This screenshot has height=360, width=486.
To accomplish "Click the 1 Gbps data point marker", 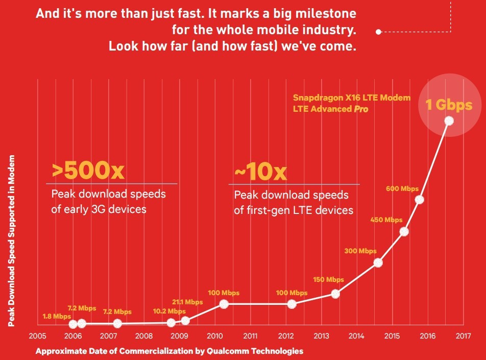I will click(449, 121).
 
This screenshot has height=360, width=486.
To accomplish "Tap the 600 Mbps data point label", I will click(402, 188).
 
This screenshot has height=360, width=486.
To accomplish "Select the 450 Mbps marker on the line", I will click(404, 231).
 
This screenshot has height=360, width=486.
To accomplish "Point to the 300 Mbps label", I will click(360, 251).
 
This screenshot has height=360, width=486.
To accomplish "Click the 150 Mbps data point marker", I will click(335, 294).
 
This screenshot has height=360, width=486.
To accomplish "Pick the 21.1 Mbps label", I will click(187, 302).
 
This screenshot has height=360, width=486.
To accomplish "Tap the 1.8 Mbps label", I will click(57, 316).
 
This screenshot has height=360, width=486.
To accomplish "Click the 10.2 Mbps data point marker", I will click(171, 323).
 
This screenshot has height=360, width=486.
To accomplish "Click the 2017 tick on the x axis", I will click(463, 337).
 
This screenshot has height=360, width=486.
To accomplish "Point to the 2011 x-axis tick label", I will click(250, 337).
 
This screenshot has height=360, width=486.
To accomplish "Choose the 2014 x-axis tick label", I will click(356, 337).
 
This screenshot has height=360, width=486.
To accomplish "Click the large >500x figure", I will click(88, 171).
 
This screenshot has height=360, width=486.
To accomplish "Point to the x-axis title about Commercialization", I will click(169, 351).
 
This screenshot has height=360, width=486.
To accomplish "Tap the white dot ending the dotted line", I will click(378, 32).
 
